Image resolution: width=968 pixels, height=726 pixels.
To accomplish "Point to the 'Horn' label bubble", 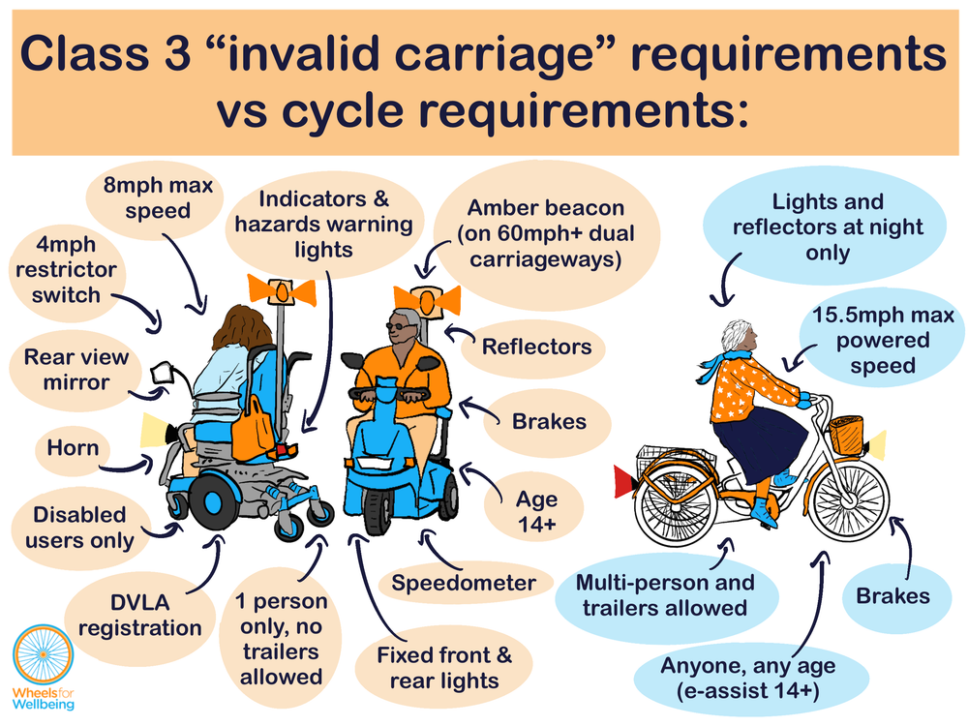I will pos(73,448).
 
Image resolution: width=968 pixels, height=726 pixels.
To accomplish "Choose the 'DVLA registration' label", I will pos(140,616).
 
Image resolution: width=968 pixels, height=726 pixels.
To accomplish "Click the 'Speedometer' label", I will pos(464,583).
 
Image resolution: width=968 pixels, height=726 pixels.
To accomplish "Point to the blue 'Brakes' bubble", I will pos(892,595).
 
